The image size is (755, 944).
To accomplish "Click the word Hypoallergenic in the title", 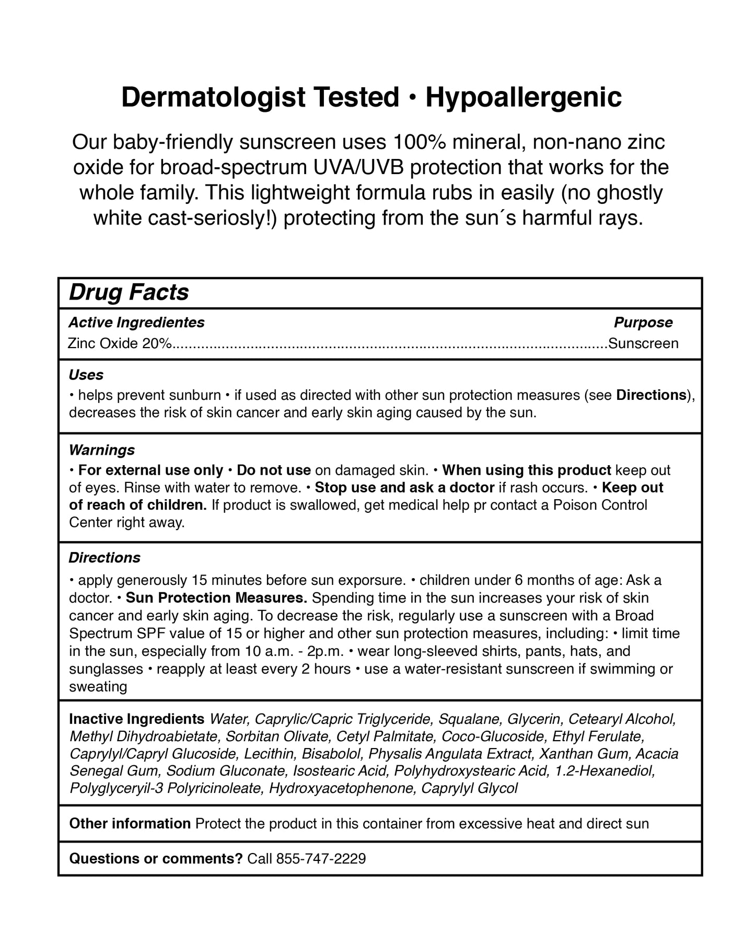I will [524, 98].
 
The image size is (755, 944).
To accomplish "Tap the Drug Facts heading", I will [129, 292].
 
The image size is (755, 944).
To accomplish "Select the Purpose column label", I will [643, 323].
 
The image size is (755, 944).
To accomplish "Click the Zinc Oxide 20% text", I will [120, 343].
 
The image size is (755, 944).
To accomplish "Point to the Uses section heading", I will [86, 375].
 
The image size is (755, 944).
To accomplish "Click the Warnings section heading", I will [102, 450].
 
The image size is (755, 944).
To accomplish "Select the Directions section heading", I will [104, 558].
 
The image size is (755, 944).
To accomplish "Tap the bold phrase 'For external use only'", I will [150, 470].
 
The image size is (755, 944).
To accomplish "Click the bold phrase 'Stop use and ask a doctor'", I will [404, 488].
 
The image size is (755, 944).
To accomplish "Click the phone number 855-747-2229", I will [321, 858].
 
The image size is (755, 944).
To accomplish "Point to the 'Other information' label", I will [130, 824].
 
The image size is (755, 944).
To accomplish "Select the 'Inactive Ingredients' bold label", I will [136, 719].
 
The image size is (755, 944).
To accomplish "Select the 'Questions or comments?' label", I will [156, 858].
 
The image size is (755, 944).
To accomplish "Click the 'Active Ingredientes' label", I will [136, 323].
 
